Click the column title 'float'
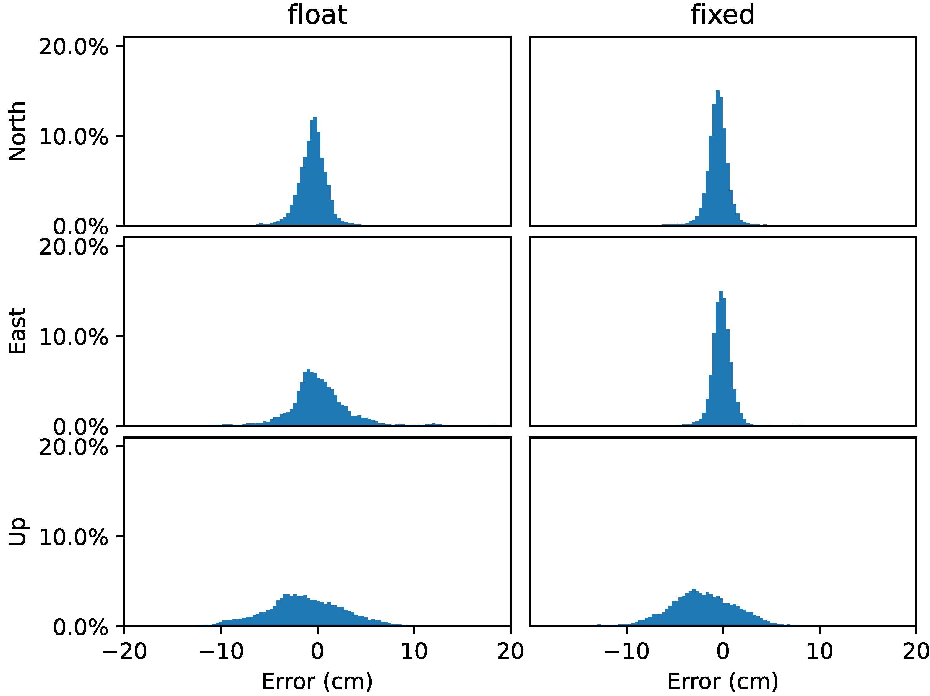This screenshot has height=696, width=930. tap(317, 15)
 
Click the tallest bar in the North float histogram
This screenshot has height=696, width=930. tap(315, 172)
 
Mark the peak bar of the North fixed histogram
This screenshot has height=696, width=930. tap(718, 160)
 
